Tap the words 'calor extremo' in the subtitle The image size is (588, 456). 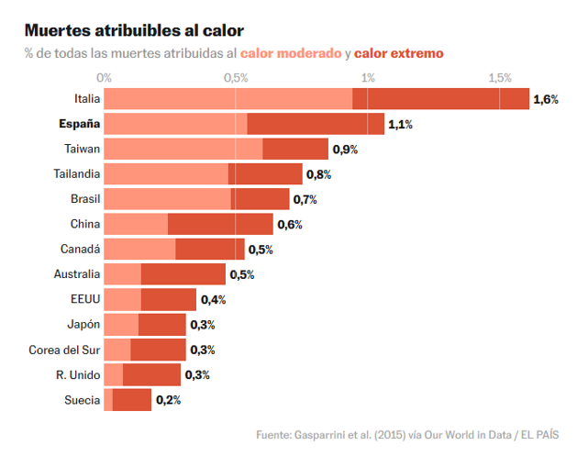pyautogui.click(x=398, y=53)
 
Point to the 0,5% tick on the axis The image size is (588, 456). pyautogui.click(x=236, y=78)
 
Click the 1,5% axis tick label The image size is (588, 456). pyautogui.click(x=499, y=78)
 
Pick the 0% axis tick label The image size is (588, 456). pyautogui.click(x=105, y=78)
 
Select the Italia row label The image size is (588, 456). pyautogui.click(x=87, y=99)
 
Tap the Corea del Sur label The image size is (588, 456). pyautogui.click(x=64, y=350)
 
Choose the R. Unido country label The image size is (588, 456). pyautogui.click(x=78, y=374)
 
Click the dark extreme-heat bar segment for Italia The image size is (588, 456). pyautogui.click(x=440, y=99)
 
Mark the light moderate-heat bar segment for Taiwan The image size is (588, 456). pyautogui.click(x=183, y=149)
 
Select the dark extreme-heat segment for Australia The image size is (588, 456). pyautogui.click(x=183, y=274)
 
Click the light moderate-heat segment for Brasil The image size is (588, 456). pyautogui.click(x=167, y=199)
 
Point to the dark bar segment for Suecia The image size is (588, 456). pyautogui.click(x=132, y=400)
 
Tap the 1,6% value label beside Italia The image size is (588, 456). pyautogui.click(x=546, y=99)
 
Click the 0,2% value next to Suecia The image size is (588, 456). pyautogui.click(x=168, y=400)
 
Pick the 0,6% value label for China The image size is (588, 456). pyautogui.click(x=290, y=225)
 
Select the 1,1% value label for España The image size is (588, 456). pyautogui.click(x=401, y=125)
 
